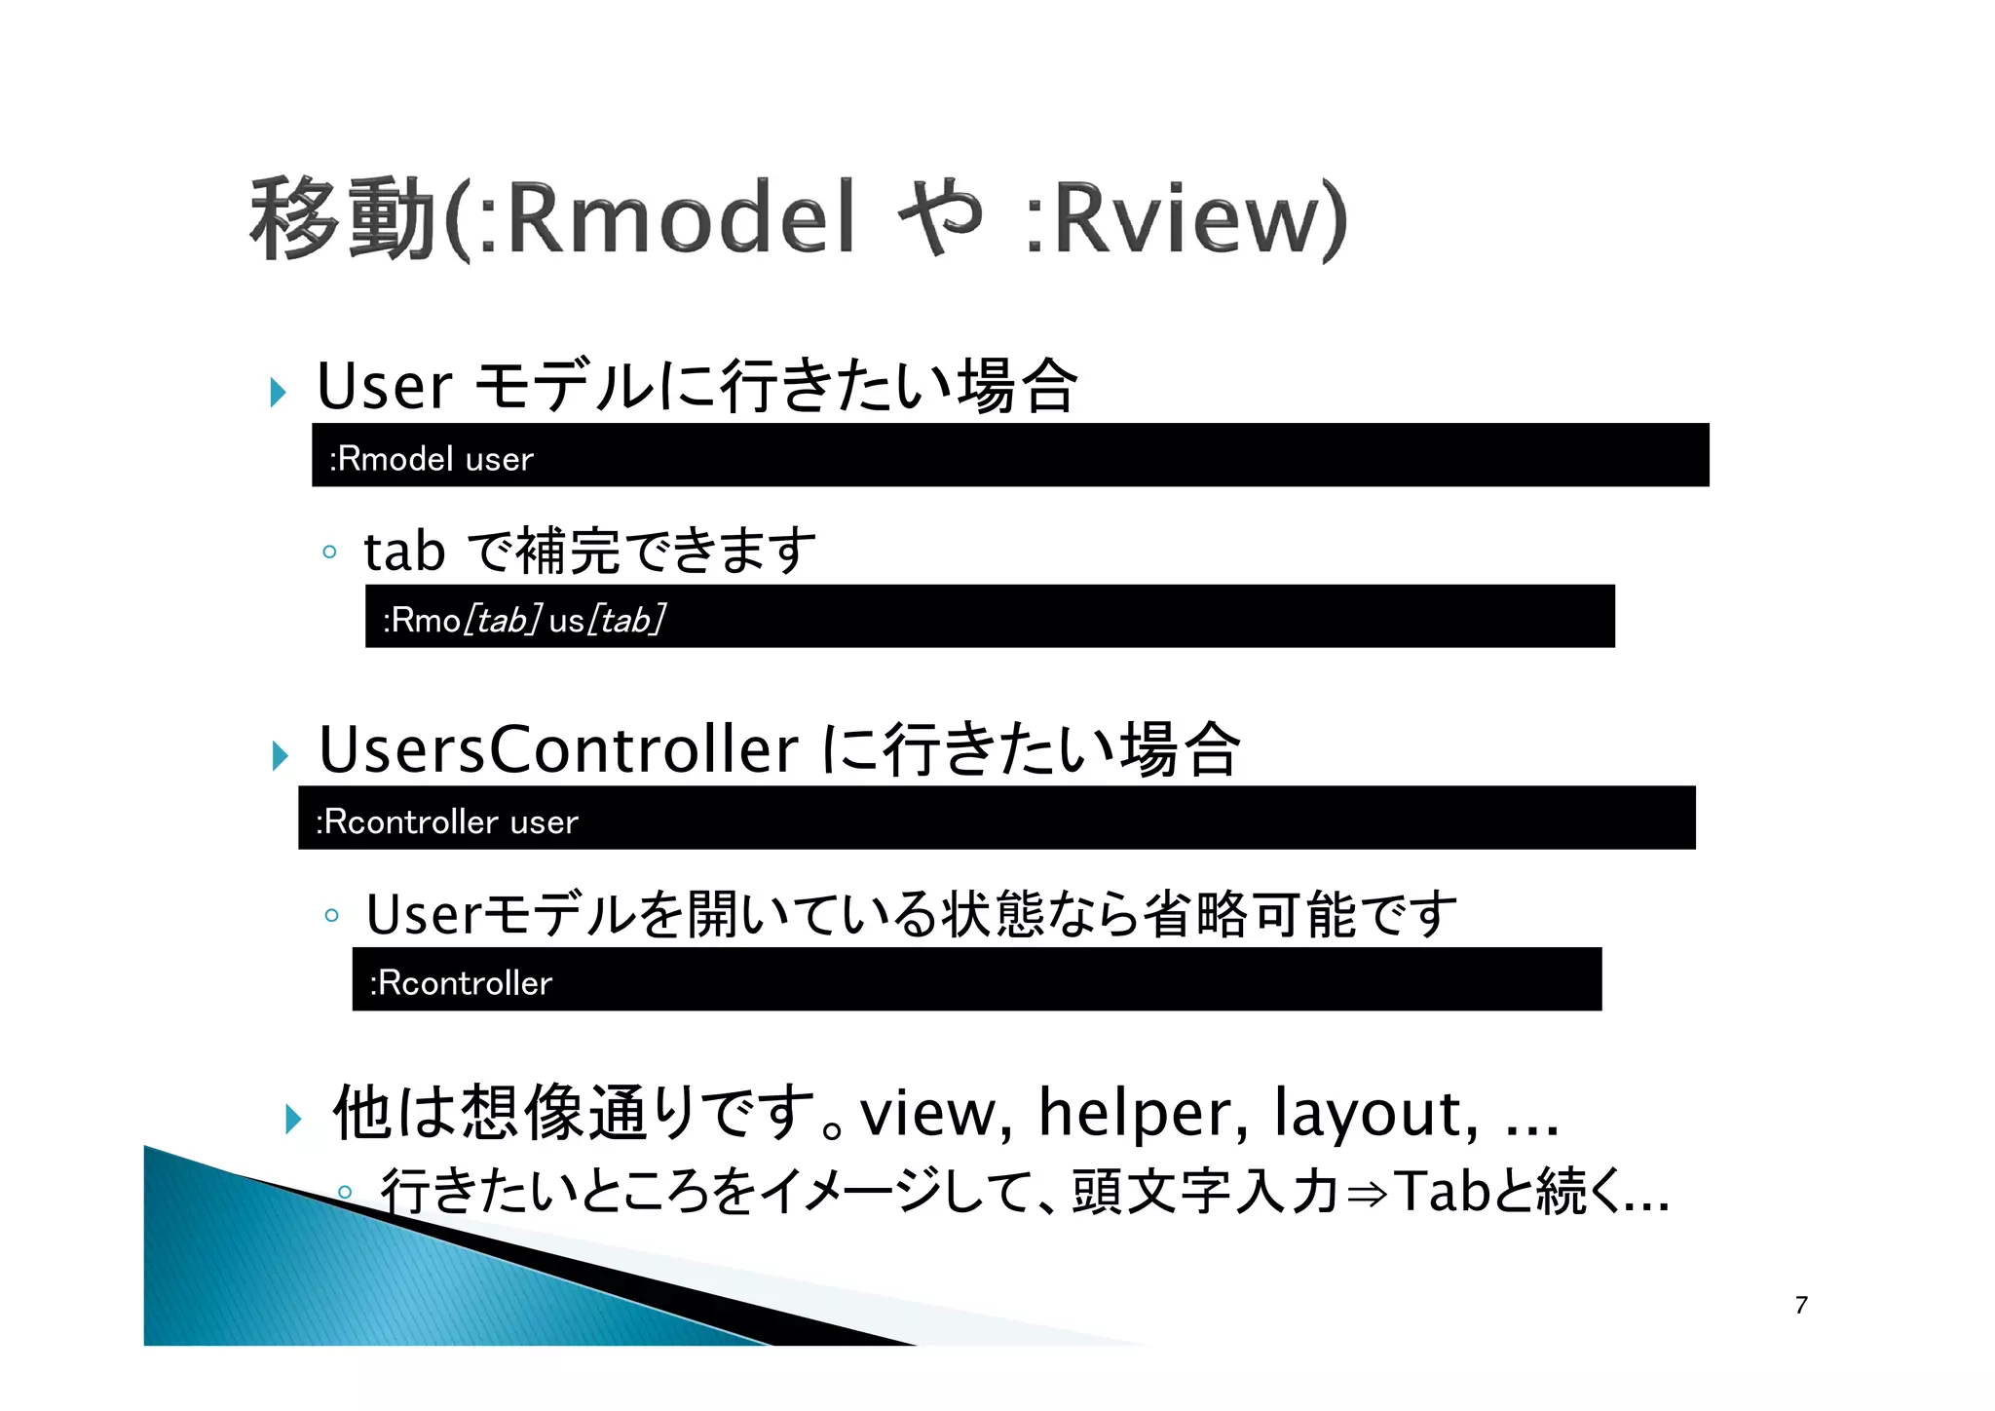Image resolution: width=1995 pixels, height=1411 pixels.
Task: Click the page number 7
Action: click(1801, 1305)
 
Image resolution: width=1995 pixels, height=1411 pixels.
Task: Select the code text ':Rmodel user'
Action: click(432, 459)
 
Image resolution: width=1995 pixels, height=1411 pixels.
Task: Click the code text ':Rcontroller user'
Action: click(447, 822)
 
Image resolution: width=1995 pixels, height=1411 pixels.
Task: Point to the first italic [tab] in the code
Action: click(503, 620)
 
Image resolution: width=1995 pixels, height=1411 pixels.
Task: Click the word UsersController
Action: click(558, 749)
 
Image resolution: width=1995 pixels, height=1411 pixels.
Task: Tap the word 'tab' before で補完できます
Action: click(404, 552)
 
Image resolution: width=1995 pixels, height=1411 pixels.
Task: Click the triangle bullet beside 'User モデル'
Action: click(279, 393)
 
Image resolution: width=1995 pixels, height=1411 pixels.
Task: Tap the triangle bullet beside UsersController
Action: click(281, 755)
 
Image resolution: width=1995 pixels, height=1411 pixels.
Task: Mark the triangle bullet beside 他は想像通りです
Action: click(293, 1119)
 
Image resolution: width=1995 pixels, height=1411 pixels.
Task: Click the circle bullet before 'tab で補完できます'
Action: click(329, 552)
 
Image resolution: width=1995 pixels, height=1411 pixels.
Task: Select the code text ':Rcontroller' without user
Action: click(461, 983)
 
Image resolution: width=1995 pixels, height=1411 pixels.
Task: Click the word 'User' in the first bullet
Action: click(385, 386)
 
